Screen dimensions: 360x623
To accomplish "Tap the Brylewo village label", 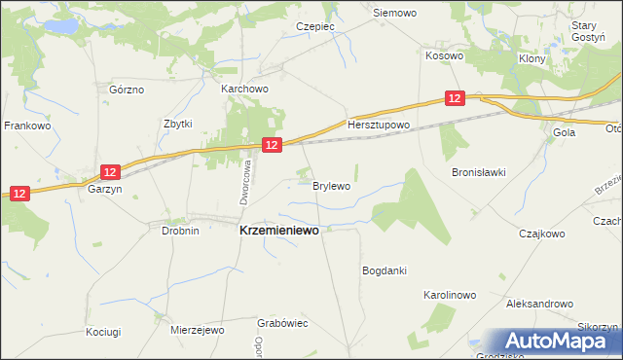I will [x=331, y=185].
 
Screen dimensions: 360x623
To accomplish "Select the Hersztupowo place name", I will [x=380, y=126].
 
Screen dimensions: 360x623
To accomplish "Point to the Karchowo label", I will [x=244, y=89].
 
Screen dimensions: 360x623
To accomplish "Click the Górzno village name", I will [x=127, y=90].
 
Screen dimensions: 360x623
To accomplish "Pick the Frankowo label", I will [x=27, y=126].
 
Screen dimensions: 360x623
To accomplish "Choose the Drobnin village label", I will [x=180, y=231].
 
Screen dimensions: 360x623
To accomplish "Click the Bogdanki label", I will [x=384, y=270].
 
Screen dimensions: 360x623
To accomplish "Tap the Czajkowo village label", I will [x=542, y=234].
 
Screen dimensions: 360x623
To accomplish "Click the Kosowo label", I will [x=444, y=56].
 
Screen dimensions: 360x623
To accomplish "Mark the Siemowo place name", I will [x=395, y=14].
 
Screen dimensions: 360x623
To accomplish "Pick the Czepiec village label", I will [x=317, y=27].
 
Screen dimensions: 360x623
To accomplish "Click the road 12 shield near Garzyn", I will [x=110, y=172].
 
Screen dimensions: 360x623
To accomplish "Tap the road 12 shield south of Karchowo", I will [x=272, y=145].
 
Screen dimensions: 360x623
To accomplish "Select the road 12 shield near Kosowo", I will [x=455, y=98].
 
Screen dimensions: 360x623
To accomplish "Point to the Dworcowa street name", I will [x=247, y=183].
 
